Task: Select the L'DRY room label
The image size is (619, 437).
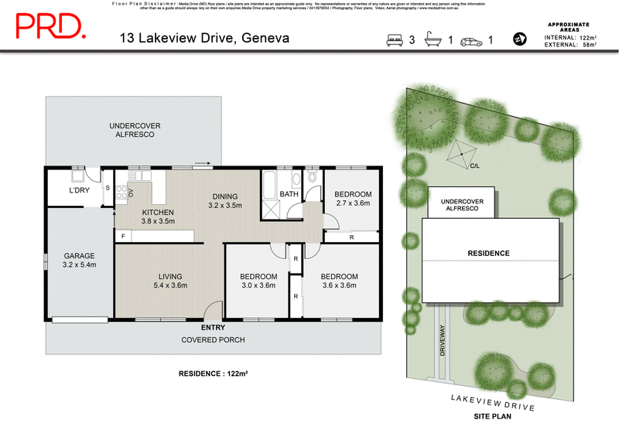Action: coord(79,190)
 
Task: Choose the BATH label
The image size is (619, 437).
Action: coord(289,194)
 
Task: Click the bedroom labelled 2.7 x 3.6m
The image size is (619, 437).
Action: coord(352,198)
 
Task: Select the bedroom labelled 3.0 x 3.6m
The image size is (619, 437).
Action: coord(258,281)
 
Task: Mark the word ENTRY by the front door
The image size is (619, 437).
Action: coord(213,328)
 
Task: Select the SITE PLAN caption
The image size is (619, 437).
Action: coord(492,415)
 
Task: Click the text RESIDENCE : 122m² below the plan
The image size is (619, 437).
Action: coord(213,373)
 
